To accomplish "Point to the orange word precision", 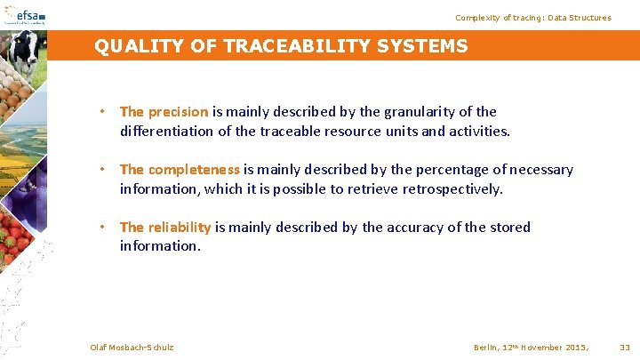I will coord(178,112).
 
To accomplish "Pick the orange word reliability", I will coord(180,228).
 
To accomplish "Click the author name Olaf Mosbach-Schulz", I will coord(132,347).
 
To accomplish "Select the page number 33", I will coord(624,347).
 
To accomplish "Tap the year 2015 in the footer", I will coord(573,347).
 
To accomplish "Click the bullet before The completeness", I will coord(103,170).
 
